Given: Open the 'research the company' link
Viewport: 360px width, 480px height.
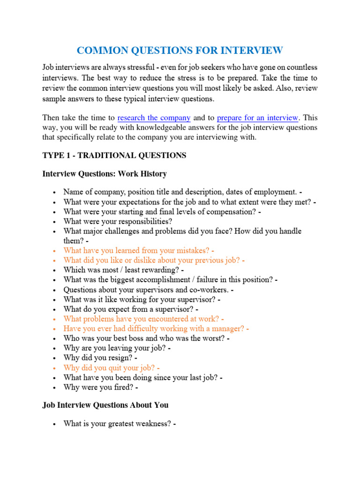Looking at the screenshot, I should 154,118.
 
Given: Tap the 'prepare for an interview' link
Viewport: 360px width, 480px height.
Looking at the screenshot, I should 257,118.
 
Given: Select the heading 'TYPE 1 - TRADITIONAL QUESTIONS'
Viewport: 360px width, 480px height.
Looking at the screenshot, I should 114,155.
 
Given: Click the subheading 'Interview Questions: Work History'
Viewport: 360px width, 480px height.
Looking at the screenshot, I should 105,174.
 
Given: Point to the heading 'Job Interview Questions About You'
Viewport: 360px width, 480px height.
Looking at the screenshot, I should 105,405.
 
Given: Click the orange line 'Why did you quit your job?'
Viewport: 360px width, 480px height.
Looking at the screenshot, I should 112,368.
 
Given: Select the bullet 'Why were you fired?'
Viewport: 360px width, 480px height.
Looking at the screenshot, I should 101,388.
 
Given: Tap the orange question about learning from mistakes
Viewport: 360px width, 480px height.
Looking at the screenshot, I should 139,251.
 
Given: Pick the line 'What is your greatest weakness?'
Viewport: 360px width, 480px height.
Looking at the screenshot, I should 120,424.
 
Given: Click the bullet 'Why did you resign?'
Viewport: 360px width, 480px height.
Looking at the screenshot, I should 100,358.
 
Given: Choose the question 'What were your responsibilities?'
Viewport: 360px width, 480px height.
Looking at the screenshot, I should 118,221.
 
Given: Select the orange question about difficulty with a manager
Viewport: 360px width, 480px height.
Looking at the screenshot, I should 156,329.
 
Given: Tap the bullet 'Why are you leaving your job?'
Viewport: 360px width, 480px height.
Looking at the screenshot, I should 117,348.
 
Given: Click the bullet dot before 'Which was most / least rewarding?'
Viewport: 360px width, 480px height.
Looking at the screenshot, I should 55,270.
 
